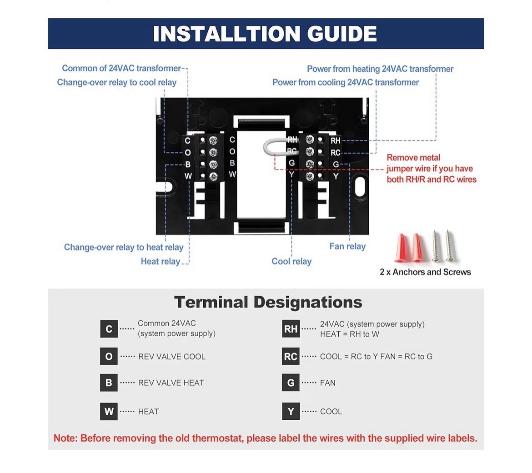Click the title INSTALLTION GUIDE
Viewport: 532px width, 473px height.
[265, 34]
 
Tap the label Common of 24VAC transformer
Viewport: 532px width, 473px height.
[121, 68]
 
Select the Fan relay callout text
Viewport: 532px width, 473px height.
[347, 246]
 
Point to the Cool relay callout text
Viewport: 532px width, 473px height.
[291, 261]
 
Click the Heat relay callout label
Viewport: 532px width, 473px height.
[161, 261]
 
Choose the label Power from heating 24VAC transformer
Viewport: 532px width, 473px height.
[380, 69]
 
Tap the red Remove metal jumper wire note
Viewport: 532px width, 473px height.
[432, 169]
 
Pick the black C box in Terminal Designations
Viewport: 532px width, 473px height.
[109, 329]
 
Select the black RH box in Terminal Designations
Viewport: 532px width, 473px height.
[291, 329]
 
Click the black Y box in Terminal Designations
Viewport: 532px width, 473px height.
[291, 411]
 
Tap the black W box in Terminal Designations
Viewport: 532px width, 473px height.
[109, 411]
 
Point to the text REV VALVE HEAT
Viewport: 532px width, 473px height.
[171, 383]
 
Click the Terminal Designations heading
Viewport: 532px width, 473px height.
[268, 302]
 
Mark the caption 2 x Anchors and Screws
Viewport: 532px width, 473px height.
[426, 272]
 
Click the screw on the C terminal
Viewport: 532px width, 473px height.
[213, 140]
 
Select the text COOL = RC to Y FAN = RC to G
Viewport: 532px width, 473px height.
[376, 356]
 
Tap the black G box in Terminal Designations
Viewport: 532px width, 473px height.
[291, 383]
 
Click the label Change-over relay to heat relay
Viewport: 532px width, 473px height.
[124, 247]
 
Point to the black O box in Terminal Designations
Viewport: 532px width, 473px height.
[109, 356]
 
